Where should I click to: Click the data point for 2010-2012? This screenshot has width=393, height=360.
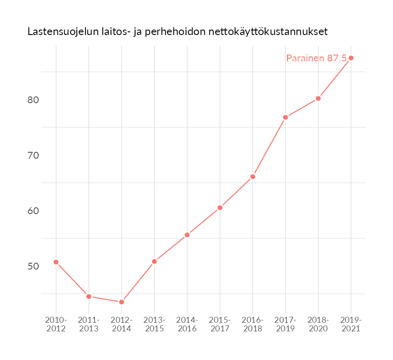pos(56,262)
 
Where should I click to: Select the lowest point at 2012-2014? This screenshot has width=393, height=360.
pos(121,302)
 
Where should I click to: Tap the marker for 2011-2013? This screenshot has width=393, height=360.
pos(89,296)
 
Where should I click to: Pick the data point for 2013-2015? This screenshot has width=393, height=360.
pos(154,261)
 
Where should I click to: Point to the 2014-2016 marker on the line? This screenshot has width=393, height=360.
pos(187,235)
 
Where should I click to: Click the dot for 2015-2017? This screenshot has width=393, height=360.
pos(220,208)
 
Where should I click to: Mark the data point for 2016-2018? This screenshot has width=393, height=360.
pos(252,176)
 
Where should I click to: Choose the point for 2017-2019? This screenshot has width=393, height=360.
pos(285,117)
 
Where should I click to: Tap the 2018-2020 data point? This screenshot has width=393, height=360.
pos(318,98)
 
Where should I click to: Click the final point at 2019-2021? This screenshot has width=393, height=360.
pos(351,58)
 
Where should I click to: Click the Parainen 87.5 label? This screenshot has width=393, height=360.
pos(316,58)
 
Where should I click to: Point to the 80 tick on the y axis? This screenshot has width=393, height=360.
pos(33,100)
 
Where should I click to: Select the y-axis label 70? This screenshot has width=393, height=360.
pos(33,155)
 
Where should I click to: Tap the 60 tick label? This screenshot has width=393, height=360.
pos(33,210)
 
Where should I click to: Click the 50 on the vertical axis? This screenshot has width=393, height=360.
pos(33,266)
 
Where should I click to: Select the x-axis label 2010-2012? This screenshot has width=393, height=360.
pos(56,324)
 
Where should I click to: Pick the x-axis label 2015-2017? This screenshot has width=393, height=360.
pos(220,324)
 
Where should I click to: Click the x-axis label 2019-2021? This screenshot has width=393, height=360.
pos(351,324)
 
